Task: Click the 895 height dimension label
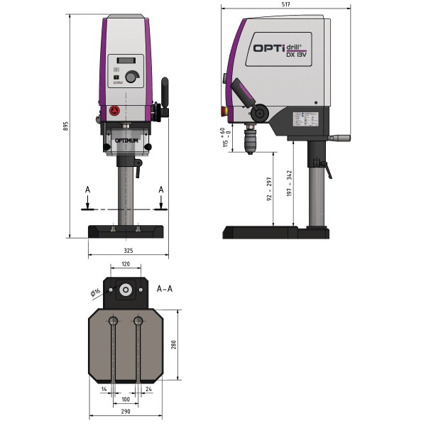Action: [x=65, y=126]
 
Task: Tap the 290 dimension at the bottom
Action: [x=126, y=411]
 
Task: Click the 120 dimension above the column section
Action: [x=126, y=264]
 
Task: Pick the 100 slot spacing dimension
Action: [x=126, y=399]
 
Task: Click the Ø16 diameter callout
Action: [x=94, y=292]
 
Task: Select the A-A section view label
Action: [x=165, y=289]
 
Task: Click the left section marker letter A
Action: [x=87, y=190]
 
